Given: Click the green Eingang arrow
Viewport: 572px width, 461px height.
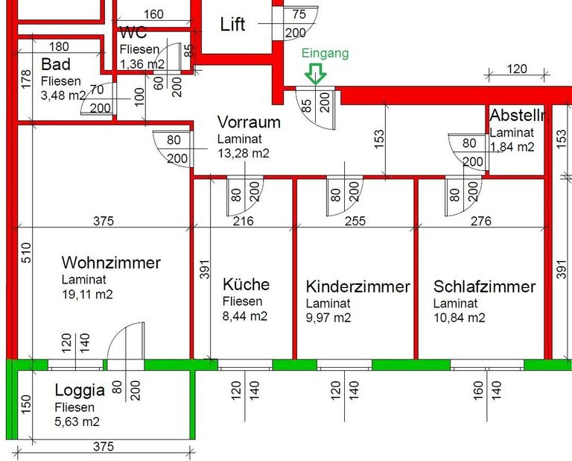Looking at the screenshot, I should point(317,72).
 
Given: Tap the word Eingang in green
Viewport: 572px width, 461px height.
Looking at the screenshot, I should point(325,53).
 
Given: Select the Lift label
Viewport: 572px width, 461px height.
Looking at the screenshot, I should point(232,24).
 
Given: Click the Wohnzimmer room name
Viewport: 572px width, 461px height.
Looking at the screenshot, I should point(111,263).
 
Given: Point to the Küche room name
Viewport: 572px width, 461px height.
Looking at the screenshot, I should point(246,285).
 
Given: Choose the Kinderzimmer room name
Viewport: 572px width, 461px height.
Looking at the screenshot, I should point(357,287).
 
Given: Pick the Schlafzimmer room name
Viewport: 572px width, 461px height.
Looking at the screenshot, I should point(484,287).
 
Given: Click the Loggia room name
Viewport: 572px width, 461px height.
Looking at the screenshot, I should point(78,391).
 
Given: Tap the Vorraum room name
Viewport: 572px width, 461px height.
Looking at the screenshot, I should point(249,122).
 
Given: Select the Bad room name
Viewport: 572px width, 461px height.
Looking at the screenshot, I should point(56,64).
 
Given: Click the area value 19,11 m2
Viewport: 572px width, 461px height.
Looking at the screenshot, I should point(87,295).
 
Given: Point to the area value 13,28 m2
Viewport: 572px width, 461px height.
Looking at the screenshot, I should point(243,153).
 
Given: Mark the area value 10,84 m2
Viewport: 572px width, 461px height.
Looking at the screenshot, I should point(459,318).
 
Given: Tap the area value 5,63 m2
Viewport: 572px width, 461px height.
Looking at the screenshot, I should point(77,422).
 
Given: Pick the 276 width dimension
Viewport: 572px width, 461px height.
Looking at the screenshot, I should point(482,220).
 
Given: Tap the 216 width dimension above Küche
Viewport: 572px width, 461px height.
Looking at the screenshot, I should point(244,220).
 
